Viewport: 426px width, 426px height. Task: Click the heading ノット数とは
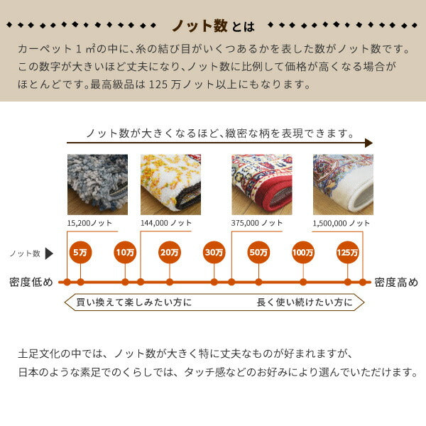pyautogui.click(x=213, y=26)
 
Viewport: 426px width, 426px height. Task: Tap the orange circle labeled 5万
pyautogui.click(x=80, y=252)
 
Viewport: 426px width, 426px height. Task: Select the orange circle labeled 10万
pyautogui.click(x=125, y=252)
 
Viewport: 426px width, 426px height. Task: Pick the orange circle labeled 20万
pyautogui.click(x=169, y=252)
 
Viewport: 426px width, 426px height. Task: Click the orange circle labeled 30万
pyautogui.click(x=214, y=252)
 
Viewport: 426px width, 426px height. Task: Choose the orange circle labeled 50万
pyautogui.click(x=258, y=252)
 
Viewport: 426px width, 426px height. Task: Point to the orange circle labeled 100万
pyautogui.click(x=303, y=252)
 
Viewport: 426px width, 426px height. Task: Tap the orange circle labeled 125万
pyautogui.click(x=348, y=252)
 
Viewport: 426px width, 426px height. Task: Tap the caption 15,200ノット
pyautogui.click(x=89, y=223)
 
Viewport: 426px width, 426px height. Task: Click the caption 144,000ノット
pyautogui.click(x=166, y=223)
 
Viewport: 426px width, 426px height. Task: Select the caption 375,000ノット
pyautogui.click(x=257, y=223)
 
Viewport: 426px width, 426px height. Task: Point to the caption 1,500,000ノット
pyautogui.click(x=342, y=223)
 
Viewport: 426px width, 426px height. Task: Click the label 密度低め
pyautogui.click(x=31, y=282)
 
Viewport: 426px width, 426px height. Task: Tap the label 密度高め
pyautogui.click(x=396, y=282)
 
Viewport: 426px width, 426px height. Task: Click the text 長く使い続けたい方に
pyautogui.click(x=304, y=302)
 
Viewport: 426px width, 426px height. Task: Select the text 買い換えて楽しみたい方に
pyautogui.click(x=133, y=302)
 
